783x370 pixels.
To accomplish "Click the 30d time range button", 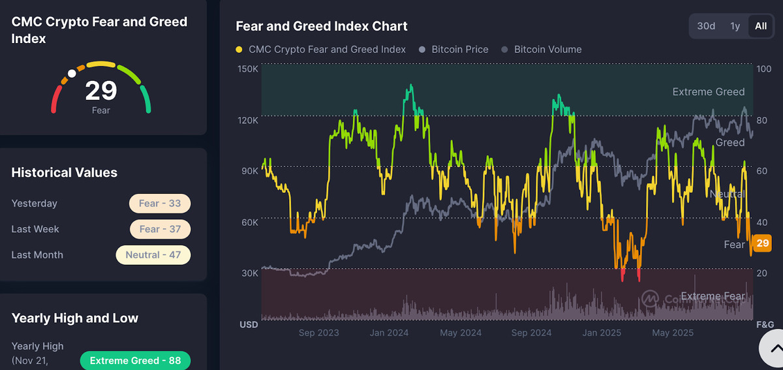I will pyautogui.click(x=706, y=26).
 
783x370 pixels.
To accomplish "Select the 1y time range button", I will pyautogui.click(x=735, y=26).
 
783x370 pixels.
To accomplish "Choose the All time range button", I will pyautogui.click(x=761, y=26).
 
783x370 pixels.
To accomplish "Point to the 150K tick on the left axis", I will pyautogui.click(x=249, y=69).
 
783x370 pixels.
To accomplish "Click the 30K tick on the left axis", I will pyautogui.click(x=250, y=273).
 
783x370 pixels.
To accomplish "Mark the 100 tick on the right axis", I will pyautogui.click(x=763, y=69).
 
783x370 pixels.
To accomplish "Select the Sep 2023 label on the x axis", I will pyautogui.click(x=319, y=333).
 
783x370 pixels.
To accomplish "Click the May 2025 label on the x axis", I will pyautogui.click(x=671, y=333).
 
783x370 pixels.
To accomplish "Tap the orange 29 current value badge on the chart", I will pyautogui.click(x=762, y=243).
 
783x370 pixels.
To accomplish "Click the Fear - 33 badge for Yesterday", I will pyautogui.click(x=160, y=204).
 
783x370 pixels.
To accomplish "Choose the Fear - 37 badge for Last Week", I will pyautogui.click(x=160, y=229).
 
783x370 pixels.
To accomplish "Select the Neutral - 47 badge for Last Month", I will pyautogui.click(x=153, y=254).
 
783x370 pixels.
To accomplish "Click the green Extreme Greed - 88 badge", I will pyautogui.click(x=135, y=361).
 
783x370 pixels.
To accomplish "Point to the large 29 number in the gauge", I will pyautogui.click(x=101, y=91).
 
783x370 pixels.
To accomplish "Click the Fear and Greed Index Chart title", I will pyautogui.click(x=321, y=26).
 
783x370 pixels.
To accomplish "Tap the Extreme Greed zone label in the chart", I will pyautogui.click(x=708, y=92).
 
